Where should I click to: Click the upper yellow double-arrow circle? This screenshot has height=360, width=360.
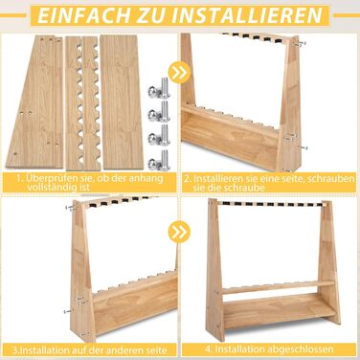coord(180,73)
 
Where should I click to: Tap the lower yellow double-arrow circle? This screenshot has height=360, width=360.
coord(179,232)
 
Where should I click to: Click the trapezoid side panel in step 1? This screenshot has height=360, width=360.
coord(35,102)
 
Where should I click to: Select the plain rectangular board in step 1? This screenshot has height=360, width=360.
coord(121,102)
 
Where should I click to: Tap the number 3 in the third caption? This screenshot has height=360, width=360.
coord(15,349)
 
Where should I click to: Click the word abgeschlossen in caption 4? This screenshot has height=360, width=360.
coord(299,349)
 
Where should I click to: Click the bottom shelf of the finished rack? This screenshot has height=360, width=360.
coord(281,307)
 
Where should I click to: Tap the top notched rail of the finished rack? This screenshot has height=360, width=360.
coord(271,203)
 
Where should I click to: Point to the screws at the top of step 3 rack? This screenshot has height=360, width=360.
coord(72,208)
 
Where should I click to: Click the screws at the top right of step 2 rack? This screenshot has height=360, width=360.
coord(301,42)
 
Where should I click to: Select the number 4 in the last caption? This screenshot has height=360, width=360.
coord(208,349)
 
